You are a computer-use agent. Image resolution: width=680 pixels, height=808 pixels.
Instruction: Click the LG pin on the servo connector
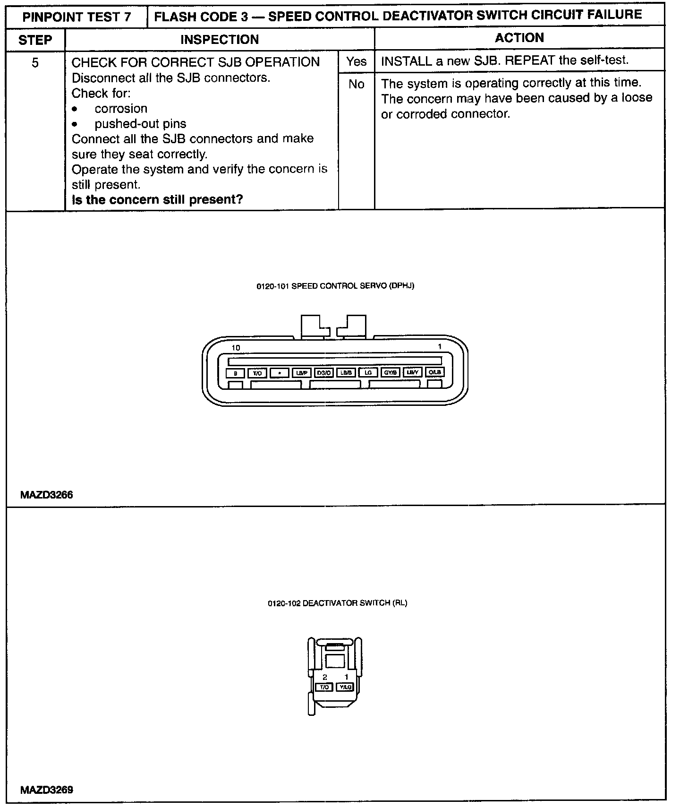[x=368, y=373]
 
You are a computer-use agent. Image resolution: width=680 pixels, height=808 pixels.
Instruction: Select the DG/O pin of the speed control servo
[x=324, y=373]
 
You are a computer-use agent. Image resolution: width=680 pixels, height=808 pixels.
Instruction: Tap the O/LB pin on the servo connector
[x=434, y=372]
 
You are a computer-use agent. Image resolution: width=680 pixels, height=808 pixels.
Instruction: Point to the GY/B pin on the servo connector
[x=391, y=373]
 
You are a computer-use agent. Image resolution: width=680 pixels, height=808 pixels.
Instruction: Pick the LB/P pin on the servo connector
[x=301, y=373]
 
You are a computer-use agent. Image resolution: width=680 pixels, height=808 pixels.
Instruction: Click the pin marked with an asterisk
[x=280, y=373]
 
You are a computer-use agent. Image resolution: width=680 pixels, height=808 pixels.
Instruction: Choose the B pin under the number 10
[x=235, y=373]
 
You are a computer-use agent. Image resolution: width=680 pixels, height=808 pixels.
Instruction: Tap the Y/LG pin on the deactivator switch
[x=345, y=687]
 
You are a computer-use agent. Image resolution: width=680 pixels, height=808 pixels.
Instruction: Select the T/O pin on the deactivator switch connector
[x=324, y=687]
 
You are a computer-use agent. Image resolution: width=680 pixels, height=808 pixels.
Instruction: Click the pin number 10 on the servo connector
[x=236, y=348]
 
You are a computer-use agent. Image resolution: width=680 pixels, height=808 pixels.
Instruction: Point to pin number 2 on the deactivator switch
[x=325, y=677]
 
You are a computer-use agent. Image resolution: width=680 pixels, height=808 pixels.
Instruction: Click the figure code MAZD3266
[x=46, y=495]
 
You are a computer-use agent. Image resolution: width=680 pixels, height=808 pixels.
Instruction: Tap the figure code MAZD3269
[x=46, y=790]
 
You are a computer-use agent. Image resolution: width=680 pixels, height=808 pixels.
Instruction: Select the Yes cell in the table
[x=356, y=61]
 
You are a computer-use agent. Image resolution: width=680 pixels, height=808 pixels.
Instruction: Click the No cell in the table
[x=356, y=84]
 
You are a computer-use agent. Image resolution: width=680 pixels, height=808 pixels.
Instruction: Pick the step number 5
[x=35, y=62]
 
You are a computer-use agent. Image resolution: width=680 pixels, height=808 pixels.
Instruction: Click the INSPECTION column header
[x=220, y=40]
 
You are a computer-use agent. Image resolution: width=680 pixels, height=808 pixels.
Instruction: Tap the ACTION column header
[x=519, y=38]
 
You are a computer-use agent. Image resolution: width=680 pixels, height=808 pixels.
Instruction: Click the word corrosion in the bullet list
[x=121, y=109]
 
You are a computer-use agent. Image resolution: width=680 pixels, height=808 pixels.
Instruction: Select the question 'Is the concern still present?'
[x=157, y=199]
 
